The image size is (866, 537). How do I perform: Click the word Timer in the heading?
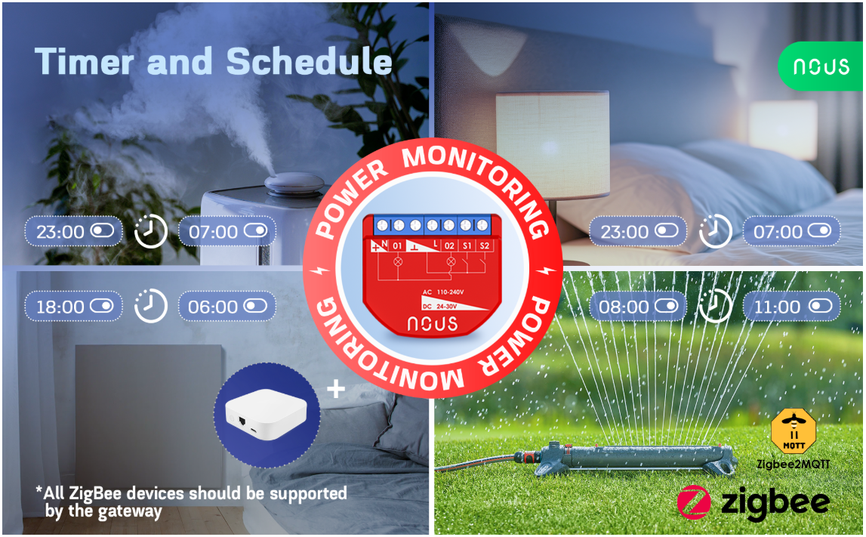click(84, 60)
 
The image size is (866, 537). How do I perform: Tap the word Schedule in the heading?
click(310, 60)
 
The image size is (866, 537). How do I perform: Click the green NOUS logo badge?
click(820, 66)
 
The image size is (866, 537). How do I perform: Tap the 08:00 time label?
click(624, 307)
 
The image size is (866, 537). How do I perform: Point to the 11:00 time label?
click(777, 307)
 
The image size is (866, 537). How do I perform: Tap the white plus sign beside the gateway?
click(336, 390)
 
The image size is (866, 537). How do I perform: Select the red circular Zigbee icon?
click(694, 502)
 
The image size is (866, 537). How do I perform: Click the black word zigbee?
click(775, 503)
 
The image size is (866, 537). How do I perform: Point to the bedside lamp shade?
click(553, 145)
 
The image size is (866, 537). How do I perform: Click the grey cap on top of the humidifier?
click(294, 182)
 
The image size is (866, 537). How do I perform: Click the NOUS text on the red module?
click(433, 323)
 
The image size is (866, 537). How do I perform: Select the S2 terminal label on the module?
click(485, 246)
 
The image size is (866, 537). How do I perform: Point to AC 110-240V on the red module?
click(443, 292)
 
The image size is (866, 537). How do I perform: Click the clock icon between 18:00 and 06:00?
click(151, 306)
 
